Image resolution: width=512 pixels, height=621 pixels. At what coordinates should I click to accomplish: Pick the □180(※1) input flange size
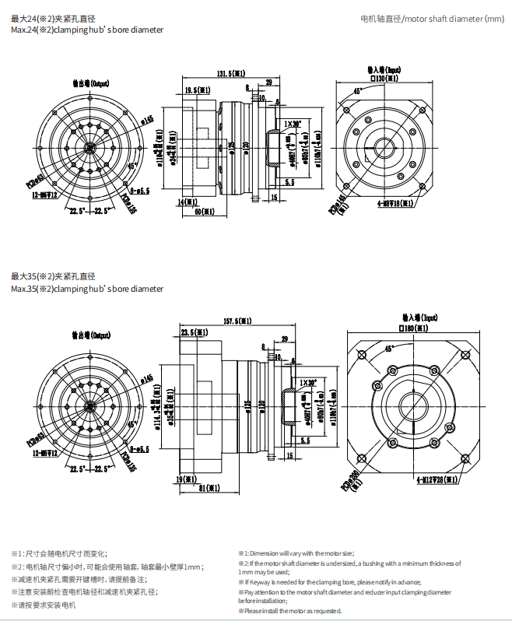(414, 328)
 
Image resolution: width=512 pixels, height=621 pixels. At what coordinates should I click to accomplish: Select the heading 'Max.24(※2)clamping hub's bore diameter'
(88, 30)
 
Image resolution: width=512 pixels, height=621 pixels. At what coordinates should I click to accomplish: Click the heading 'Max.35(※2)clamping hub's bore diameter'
(88, 289)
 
